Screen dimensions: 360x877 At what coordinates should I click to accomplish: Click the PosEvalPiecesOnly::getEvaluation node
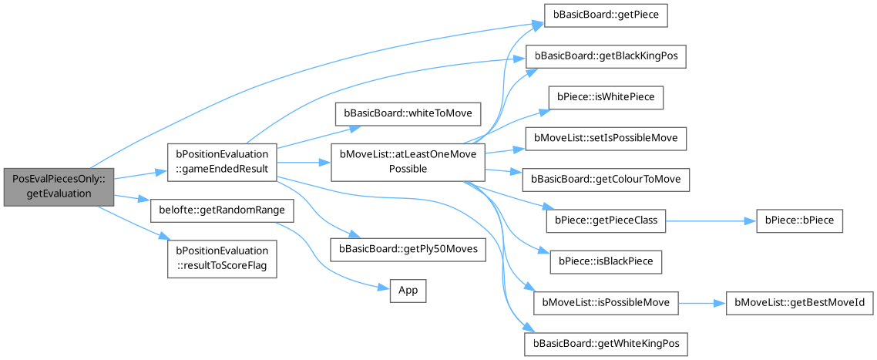pyautogui.click(x=58, y=186)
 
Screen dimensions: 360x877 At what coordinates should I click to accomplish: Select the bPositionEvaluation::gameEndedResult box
pyautogui.click(x=222, y=162)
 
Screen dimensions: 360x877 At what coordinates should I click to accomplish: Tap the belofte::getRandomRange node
pyautogui.click(x=222, y=210)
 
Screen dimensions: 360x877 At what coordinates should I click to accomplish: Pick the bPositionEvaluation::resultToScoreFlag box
pyautogui.click(x=222, y=257)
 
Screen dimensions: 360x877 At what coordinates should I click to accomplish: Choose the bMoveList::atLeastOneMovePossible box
pyautogui.click(x=408, y=162)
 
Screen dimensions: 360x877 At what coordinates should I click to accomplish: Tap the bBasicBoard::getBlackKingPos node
pyautogui.click(x=606, y=57)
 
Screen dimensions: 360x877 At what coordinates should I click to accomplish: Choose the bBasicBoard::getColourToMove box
pyautogui.click(x=606, y=180)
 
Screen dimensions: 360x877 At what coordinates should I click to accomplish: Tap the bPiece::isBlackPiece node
pyautogui.click(x=606, y=261)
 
